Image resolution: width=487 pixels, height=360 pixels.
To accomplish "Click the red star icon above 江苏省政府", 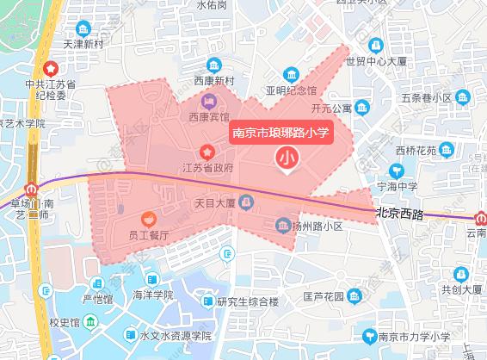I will click(x=207, y=151).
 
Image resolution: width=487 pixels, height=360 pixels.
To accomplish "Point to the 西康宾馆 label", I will click(x=209, y=115).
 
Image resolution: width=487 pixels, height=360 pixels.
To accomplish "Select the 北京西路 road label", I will click(x=400, y=211).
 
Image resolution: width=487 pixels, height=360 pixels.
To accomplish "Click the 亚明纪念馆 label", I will click(x=291, y=90).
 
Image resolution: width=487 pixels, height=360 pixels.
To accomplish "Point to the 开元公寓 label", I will click(x=331, y=109).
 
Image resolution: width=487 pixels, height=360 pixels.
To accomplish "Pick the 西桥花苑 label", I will click(x=417, y=151).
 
